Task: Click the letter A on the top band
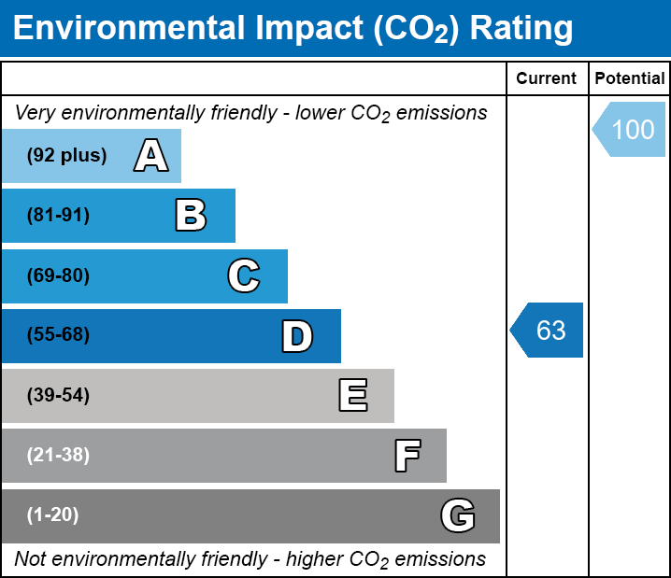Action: (x=151, y=156)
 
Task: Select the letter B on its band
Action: (x=191, y=216)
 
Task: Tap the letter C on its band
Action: (x=244, y=275)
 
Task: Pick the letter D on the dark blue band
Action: (x=297, y=336)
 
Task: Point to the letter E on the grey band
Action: (x=352, y=396)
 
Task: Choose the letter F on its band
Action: (x=407, y=456)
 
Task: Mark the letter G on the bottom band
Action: (x=458, y=515)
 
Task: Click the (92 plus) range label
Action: (x=66, y=156)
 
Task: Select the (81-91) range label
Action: (x=58, y=216)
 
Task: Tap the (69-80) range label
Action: (x=58, y=275)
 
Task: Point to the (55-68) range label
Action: (x=58, y=335)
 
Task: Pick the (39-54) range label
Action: (x=58, y=395)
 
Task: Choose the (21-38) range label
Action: (x=58, y=455)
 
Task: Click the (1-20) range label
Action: (x=53, y=515)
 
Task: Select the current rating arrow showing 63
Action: (x=548, y=330)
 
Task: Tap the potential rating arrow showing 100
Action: (x=630, y=129)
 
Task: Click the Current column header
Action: (x=547, y=78)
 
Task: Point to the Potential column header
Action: (x=630, y=78)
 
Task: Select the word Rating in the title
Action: (x=521, y=29)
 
